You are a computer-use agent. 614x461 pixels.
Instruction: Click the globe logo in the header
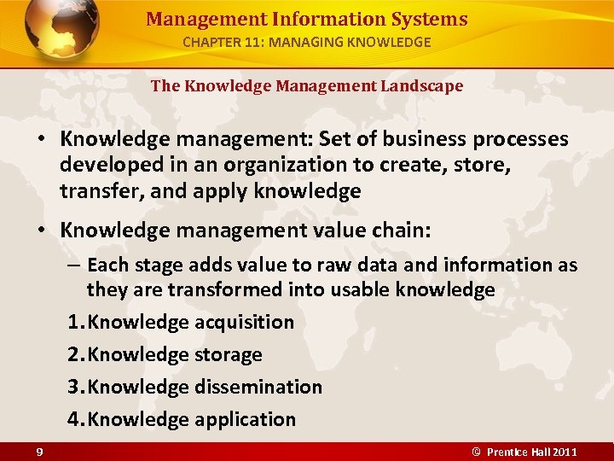coord(61,29)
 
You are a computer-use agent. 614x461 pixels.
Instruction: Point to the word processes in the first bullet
coord(521,139)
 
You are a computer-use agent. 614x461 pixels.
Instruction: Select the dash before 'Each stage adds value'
coord(74,266)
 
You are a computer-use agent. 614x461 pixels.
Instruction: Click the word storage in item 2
coord(228,355)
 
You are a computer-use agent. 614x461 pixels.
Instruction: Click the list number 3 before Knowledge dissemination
coord(74,387)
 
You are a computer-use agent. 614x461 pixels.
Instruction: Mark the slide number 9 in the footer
coord(40,451)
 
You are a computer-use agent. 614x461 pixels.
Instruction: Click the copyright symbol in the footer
coord(477,451)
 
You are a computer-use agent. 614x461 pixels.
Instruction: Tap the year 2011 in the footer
coord(565,451)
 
